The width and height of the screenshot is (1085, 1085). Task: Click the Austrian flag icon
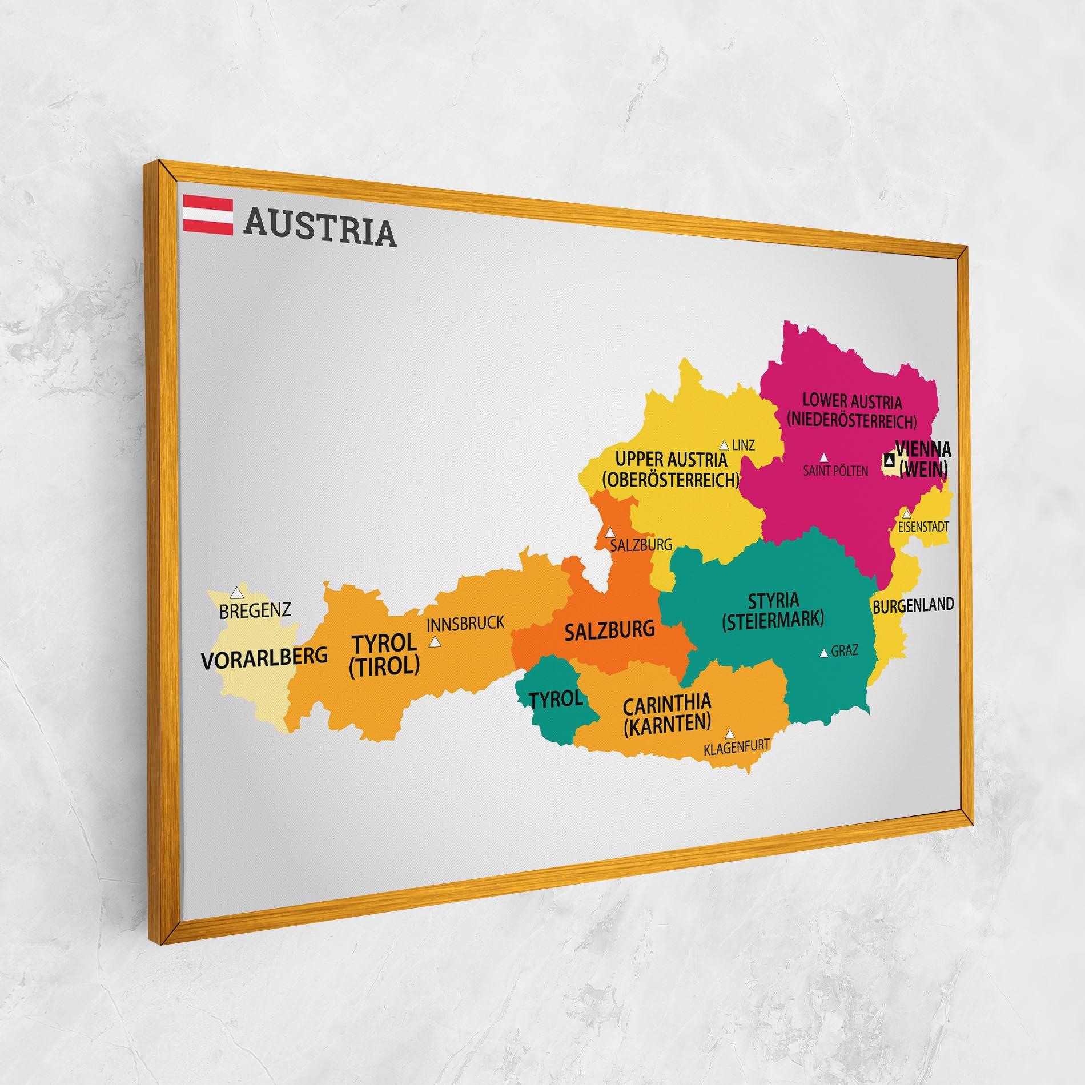(x=208, y=215)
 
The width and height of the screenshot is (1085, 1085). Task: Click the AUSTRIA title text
(x=320, y=230)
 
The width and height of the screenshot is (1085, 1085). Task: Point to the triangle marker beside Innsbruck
(x=435, y=642)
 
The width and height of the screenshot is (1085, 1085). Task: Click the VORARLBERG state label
(x=264, y=658)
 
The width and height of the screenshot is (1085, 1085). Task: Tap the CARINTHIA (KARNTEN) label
(x=667, y=713)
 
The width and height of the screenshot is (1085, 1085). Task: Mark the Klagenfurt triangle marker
(x=729, y=734)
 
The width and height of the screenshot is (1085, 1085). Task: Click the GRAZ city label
(x=845, y=650)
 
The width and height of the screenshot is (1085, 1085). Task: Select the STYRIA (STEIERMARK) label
(x=773, y=612)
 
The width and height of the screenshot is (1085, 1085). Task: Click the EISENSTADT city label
(x=923, y=527)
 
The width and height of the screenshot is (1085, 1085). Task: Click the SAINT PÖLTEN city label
(x=835, y=471)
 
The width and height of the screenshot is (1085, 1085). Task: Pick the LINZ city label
(x=743, y=445)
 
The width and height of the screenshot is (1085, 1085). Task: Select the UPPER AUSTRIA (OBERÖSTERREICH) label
(x=670, y=469)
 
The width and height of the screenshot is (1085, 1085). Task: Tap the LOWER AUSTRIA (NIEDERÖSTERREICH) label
(x=851, y=411)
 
